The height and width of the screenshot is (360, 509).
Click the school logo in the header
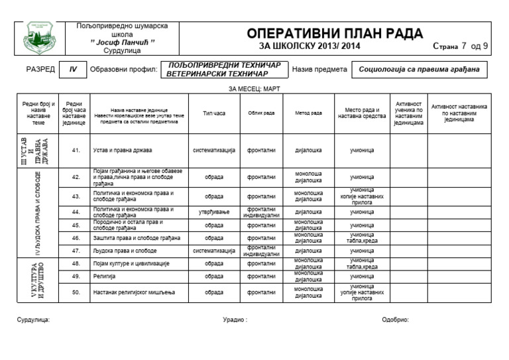(x=40, y=38)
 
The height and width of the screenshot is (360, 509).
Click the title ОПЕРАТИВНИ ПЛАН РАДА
(x=335, y=34)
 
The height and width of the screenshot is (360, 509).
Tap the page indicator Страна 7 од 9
(x=461, y=46)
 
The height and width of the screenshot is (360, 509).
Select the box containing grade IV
(x=73, y=69)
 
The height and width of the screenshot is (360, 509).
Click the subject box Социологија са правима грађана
(x=419, y=69)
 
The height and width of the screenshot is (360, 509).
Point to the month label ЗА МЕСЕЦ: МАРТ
(x=254, y=88)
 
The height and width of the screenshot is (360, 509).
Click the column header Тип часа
(x=214, y=113)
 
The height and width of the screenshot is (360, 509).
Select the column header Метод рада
(x=308, y=113)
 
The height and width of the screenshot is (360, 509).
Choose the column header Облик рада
(x=261, y=113)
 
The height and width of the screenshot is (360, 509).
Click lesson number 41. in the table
(x=76, y=150)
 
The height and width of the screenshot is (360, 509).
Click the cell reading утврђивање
(x=214, y=212)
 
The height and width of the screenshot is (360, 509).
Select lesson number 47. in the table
(x=76, y=251)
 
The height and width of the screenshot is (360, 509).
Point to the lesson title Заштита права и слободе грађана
(x=137, y=238)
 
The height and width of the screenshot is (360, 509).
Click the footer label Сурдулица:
(x=33, y=320)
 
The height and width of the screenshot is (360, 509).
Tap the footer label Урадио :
(x=235, y=320)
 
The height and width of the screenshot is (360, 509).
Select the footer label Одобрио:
(x=396, y=320)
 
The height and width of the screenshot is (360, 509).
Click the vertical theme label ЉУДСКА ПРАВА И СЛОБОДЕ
(x=38, y=213)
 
